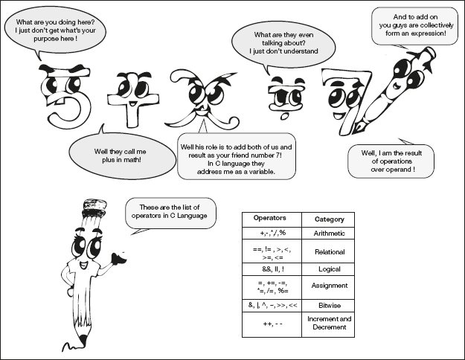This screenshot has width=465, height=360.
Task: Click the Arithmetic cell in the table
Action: (x=328, y=234)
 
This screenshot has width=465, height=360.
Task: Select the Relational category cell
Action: (x=328, y=251)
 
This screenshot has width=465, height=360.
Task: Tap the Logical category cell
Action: (x=328, y=269)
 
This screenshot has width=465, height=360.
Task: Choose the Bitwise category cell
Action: (x=328, y=306)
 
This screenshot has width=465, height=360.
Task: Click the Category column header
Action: (x=328, y=219)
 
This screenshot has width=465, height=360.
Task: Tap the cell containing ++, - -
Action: (x=272, y=324)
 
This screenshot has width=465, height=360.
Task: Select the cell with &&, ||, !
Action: (x=272, y=269)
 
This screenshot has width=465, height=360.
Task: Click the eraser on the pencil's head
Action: (x=95, y=205)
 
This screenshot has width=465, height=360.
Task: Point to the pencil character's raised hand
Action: (x=118, y=257)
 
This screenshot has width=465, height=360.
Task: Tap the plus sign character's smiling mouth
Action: (x=132, y=104)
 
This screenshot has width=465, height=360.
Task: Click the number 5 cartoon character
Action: (x=64, y=97)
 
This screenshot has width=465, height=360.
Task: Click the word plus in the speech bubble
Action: (x=109, y=160)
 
